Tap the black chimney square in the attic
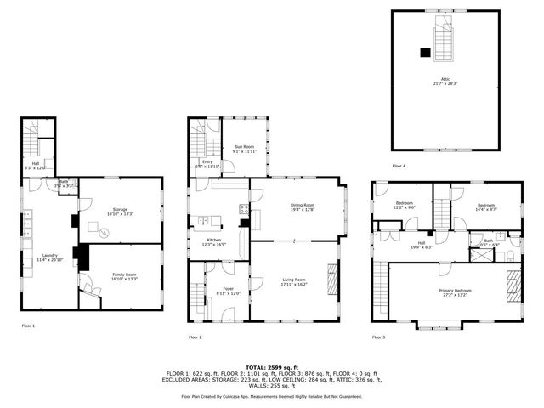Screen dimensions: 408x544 [425, 52]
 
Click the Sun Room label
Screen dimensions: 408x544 [244, 149]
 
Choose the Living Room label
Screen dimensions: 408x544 [294, 282]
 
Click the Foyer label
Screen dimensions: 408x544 [228, 291]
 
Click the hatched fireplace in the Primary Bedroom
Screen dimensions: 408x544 [513, 284]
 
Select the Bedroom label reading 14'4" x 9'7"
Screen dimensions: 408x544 [485, 206]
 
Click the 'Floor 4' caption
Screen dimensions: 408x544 [399, 166]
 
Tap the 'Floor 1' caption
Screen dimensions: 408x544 [28, 326]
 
